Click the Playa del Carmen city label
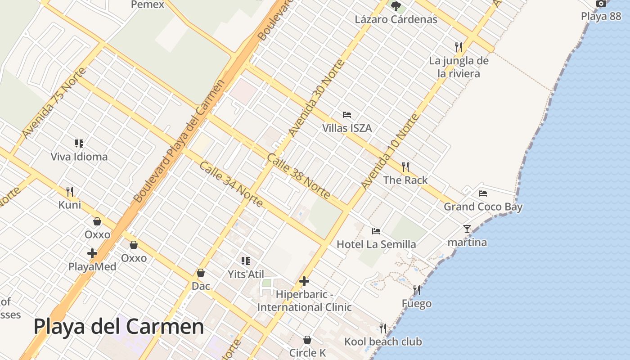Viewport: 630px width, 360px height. (119, 327)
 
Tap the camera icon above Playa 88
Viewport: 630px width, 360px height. (601, 4)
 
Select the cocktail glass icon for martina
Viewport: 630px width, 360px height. (467, 229)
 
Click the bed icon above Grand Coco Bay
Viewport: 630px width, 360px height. (483, 193)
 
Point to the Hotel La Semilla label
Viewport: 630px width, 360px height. (376, 244)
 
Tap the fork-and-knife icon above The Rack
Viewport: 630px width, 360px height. (405, 167)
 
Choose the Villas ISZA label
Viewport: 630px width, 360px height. (347, 128)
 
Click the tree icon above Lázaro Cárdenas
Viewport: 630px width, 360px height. (396, 6)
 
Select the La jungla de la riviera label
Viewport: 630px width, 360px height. (459, 67)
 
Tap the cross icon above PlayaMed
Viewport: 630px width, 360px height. (92, 253)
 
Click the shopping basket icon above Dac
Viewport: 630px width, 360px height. (201, 273)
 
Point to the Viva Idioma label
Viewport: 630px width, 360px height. (79, 157)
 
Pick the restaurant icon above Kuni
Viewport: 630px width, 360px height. (70, 192)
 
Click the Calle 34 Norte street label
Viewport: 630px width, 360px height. (231, 184)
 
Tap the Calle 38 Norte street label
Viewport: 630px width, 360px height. (298, 176)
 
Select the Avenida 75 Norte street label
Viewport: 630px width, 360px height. (54, 104)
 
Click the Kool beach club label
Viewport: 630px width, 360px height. (383, 342)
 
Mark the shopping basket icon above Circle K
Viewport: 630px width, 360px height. (307, 339)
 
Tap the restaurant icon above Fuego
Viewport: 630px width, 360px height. (417, 290)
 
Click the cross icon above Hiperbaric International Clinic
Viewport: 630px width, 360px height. (304, 282)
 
